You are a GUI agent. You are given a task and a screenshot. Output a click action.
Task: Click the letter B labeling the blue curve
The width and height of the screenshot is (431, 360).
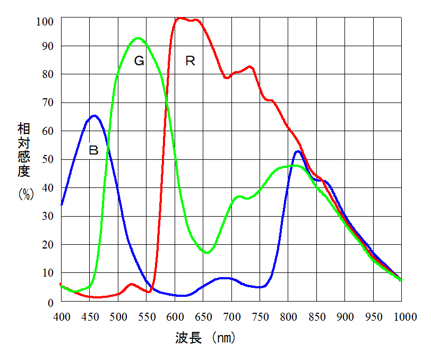coord(93,150)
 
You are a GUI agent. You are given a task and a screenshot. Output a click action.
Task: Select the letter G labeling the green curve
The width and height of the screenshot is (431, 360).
coord(139,61)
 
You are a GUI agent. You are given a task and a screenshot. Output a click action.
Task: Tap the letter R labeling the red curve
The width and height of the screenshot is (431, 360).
coord(191,61)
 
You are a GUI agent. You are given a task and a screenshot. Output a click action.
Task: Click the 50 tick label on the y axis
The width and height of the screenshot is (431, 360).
coord(48,159)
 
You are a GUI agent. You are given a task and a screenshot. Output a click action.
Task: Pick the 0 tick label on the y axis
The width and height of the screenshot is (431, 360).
coord(51,303)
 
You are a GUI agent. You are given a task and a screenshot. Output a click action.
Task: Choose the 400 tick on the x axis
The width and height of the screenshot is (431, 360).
coord(62,316)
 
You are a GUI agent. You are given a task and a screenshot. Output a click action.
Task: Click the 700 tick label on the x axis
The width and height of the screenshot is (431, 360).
coord(231,316)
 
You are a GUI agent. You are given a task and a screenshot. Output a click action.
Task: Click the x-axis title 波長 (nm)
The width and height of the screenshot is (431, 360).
coord(205,338)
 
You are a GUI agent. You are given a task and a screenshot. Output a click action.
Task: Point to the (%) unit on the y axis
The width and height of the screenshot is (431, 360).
coord(25,194)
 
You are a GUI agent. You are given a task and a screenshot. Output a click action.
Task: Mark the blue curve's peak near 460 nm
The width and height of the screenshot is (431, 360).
coord(94,115)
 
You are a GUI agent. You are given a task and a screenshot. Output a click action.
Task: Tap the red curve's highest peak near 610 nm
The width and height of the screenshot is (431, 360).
coord(180,18)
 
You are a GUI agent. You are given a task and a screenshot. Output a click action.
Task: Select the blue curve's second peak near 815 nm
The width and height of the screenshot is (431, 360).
coord(298,151)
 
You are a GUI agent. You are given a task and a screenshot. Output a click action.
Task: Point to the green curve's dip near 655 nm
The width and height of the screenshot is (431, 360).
coord(207,252)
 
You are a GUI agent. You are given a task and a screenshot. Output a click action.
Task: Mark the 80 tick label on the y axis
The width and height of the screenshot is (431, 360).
coord(48,74)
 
